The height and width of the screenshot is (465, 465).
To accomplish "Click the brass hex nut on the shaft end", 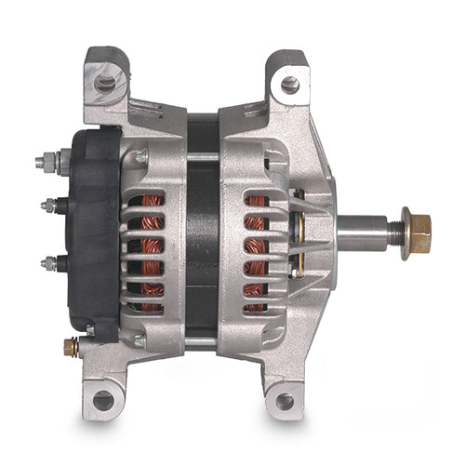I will [x=418, y=233].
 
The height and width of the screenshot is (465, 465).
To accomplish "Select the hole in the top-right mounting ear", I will [x=290, y=86].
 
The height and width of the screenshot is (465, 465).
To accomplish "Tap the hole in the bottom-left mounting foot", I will [x=103, y=400].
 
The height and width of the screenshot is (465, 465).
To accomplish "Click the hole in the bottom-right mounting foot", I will [x=285, y=401].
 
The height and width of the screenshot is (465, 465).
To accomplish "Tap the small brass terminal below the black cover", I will [x=71, y=347].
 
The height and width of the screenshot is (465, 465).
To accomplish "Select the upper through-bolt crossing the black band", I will [x=202, y=158].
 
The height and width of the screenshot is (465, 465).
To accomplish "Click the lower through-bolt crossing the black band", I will [x=202, y=341].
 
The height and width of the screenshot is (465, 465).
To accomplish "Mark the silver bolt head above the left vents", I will [x=139, y=158].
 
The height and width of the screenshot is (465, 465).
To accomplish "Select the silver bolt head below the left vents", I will [x=139, y=342].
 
